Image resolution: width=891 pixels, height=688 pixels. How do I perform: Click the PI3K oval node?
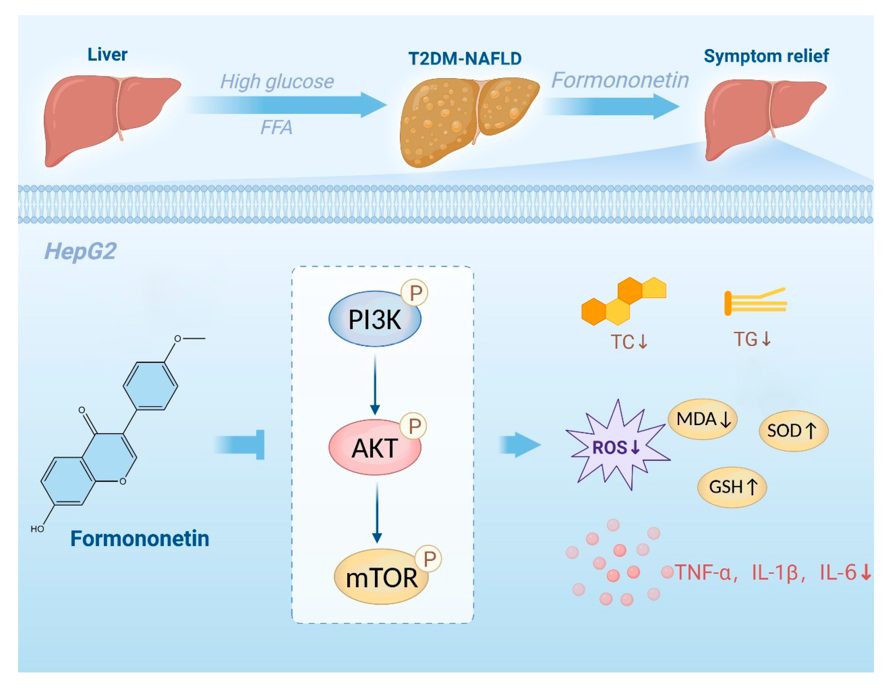pos(374,319)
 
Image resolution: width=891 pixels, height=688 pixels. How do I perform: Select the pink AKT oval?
pos(374,447)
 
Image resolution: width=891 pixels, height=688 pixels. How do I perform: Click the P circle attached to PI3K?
pos(414,293)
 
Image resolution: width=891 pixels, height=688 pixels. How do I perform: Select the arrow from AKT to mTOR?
pos(377,512)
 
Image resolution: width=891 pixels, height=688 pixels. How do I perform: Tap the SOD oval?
pos(793,431)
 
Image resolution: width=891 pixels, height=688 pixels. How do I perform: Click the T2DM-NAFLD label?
pos(465,59)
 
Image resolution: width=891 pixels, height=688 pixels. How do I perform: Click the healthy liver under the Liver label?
pos(111,120)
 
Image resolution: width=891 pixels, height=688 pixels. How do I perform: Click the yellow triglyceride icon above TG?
pos(755,302)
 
